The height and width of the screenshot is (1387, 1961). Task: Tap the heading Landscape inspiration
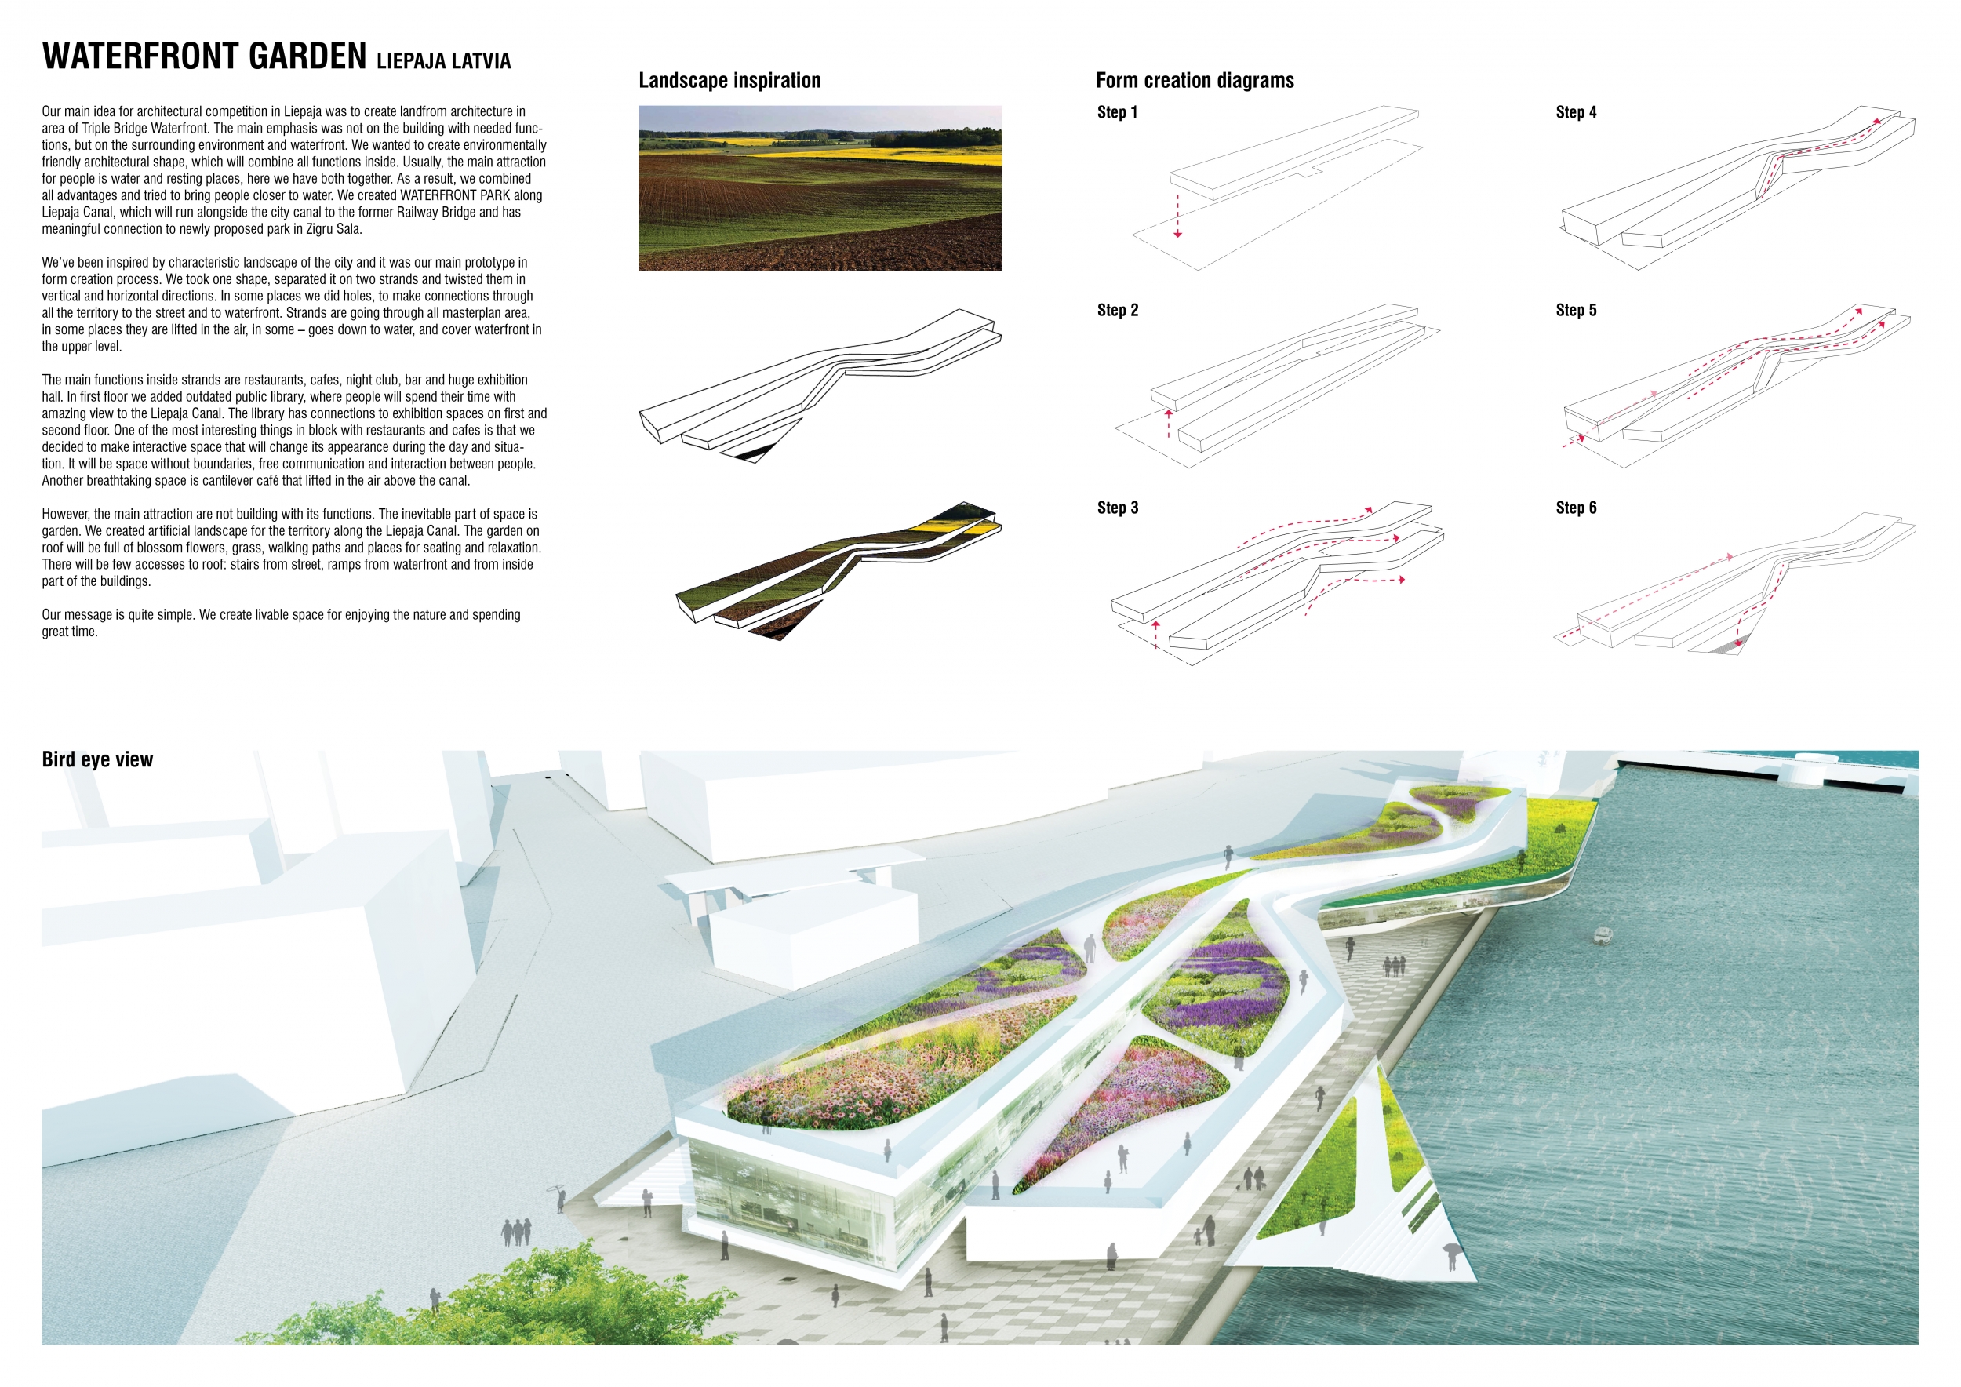pos(729,80)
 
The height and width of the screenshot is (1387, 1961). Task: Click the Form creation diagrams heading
pos(1194,80)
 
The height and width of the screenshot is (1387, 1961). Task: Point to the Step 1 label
pos(1117,113)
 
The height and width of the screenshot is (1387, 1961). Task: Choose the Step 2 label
pos(1117,310)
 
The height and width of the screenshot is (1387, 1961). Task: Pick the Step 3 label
pos(1117,508)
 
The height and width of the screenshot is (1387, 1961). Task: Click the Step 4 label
pos(1576,113)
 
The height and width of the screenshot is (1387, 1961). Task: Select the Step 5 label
pos(1576,310)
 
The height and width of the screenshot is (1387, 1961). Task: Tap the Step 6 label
pos(1576,508)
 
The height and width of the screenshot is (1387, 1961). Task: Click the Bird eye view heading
pos(97,759)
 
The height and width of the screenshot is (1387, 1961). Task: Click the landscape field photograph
pos(820,188)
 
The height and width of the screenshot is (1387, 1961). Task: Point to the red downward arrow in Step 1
pos(1178,218)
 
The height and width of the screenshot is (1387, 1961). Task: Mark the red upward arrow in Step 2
pos(1170,423)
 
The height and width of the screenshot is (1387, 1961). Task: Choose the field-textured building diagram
pos(837,568)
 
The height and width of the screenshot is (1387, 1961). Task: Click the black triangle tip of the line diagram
pos(751,456)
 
